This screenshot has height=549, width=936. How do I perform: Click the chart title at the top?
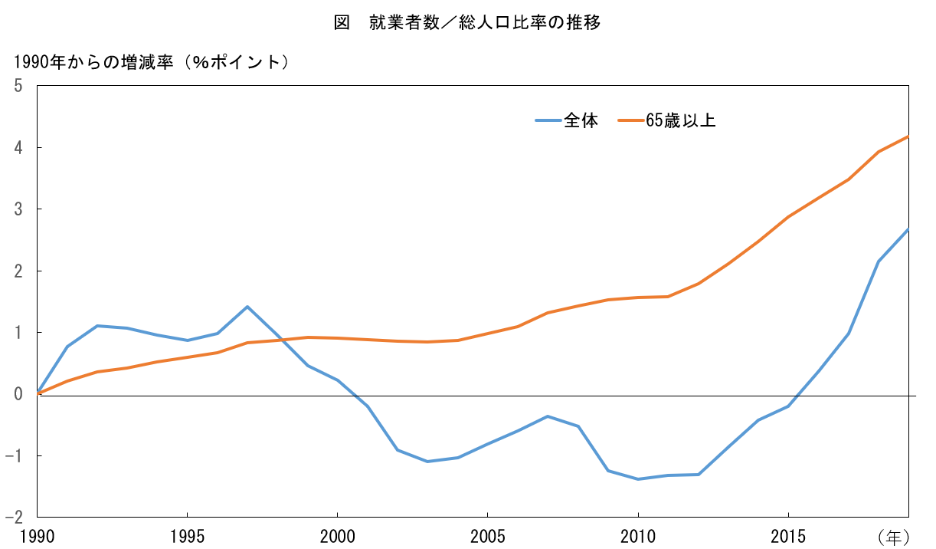coord(467,22)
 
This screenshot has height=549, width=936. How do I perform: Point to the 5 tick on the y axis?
coord(18,86)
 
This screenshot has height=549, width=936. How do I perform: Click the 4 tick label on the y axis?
coord(18,147)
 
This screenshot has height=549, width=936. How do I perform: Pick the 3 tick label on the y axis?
coord(18,209)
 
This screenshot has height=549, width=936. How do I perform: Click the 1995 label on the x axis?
coord(187,535)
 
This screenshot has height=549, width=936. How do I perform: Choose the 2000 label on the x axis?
coord(337,535)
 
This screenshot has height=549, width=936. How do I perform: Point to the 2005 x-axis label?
coord(487,535)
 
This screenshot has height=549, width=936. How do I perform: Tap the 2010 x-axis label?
coord(637,535)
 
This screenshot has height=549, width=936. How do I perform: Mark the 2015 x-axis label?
coord(788,535)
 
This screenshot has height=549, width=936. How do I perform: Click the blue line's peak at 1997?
coord(247,307)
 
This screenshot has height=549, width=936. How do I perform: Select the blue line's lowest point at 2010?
coord(637,479)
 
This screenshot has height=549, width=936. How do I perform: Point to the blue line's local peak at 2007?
coord(548,416)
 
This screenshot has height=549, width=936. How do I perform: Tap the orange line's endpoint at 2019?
coord(908,136)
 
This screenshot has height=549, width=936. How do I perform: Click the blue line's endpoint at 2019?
coord(908,229)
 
